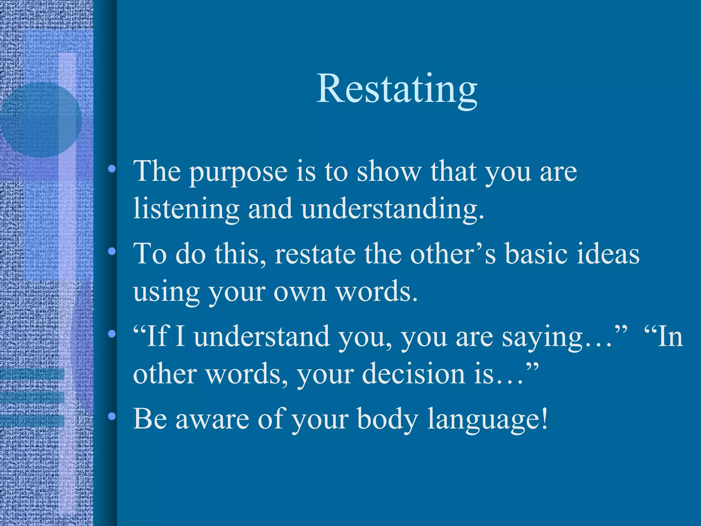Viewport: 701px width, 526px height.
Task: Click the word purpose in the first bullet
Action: pyautogui.click(x=238, y=172)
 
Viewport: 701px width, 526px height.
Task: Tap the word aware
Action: pyautogui.click(x=212, y=419)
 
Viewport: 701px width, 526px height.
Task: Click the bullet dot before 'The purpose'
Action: pyautogui.click(x=112, y=169)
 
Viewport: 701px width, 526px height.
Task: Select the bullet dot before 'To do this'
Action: pyautogui.click(x=112, y=252)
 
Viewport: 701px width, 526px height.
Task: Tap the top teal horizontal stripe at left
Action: pyautogui.click(x=32, y=374)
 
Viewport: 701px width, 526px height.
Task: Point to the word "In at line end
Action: pyautogui.click(x=663, y=337)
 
